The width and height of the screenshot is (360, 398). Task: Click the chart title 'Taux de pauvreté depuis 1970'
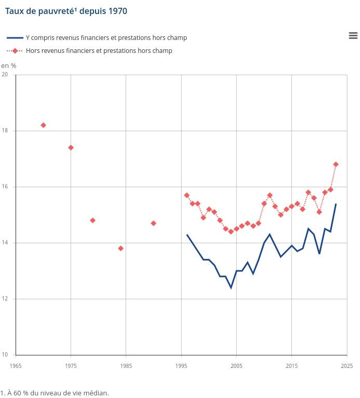[x=66, y=11]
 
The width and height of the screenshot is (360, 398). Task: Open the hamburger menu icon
[x=353, y=35]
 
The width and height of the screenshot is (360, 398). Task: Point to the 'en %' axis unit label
[x=8, y=65]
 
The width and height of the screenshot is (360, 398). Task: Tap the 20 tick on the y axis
[x=5, y=75]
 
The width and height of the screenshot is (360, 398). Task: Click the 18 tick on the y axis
[x=5, y=131]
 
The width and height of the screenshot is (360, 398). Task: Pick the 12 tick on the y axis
[x=5, y=299]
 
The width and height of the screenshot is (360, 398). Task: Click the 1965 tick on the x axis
[x=16, y=366]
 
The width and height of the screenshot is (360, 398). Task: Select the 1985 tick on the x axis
[x=126, y=366]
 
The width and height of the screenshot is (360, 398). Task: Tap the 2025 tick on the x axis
[x=346, y=366]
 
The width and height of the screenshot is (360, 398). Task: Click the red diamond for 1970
[x=43, y=125]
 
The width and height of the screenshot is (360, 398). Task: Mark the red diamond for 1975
[x=71, y=147]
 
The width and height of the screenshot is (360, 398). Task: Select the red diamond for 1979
[x=92, y=221]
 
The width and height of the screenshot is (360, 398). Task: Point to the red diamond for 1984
[x=121, y=249]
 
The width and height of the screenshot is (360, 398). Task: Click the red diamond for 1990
[x=153, y=223]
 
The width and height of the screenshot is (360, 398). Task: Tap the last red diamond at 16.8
[x=336, y=164]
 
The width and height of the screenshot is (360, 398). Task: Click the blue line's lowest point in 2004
[x=231, y=287]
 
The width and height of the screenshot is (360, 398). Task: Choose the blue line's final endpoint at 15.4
[x=336, y=204]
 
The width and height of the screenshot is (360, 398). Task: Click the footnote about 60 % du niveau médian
[x=55, y=393]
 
